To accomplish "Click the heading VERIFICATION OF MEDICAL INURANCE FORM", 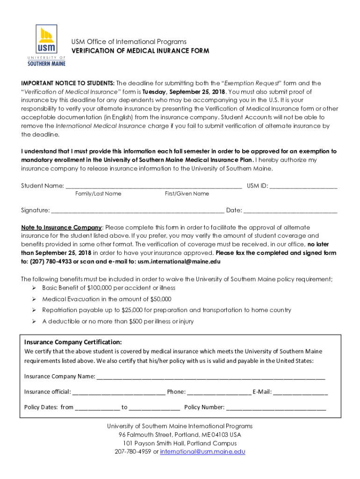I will pos(140,51).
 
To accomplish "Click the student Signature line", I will pos(138,210).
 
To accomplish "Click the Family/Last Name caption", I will pos(98,194).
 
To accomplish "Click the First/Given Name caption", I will pos(187,194).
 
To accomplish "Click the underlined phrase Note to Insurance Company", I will pos(61,227).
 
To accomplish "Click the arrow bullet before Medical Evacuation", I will pos(34,299).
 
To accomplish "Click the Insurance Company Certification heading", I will pos(73,342).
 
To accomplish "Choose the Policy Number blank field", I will pos(276,407).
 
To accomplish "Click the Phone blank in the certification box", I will pos(219,392).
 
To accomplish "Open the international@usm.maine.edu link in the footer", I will pos(202,452).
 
